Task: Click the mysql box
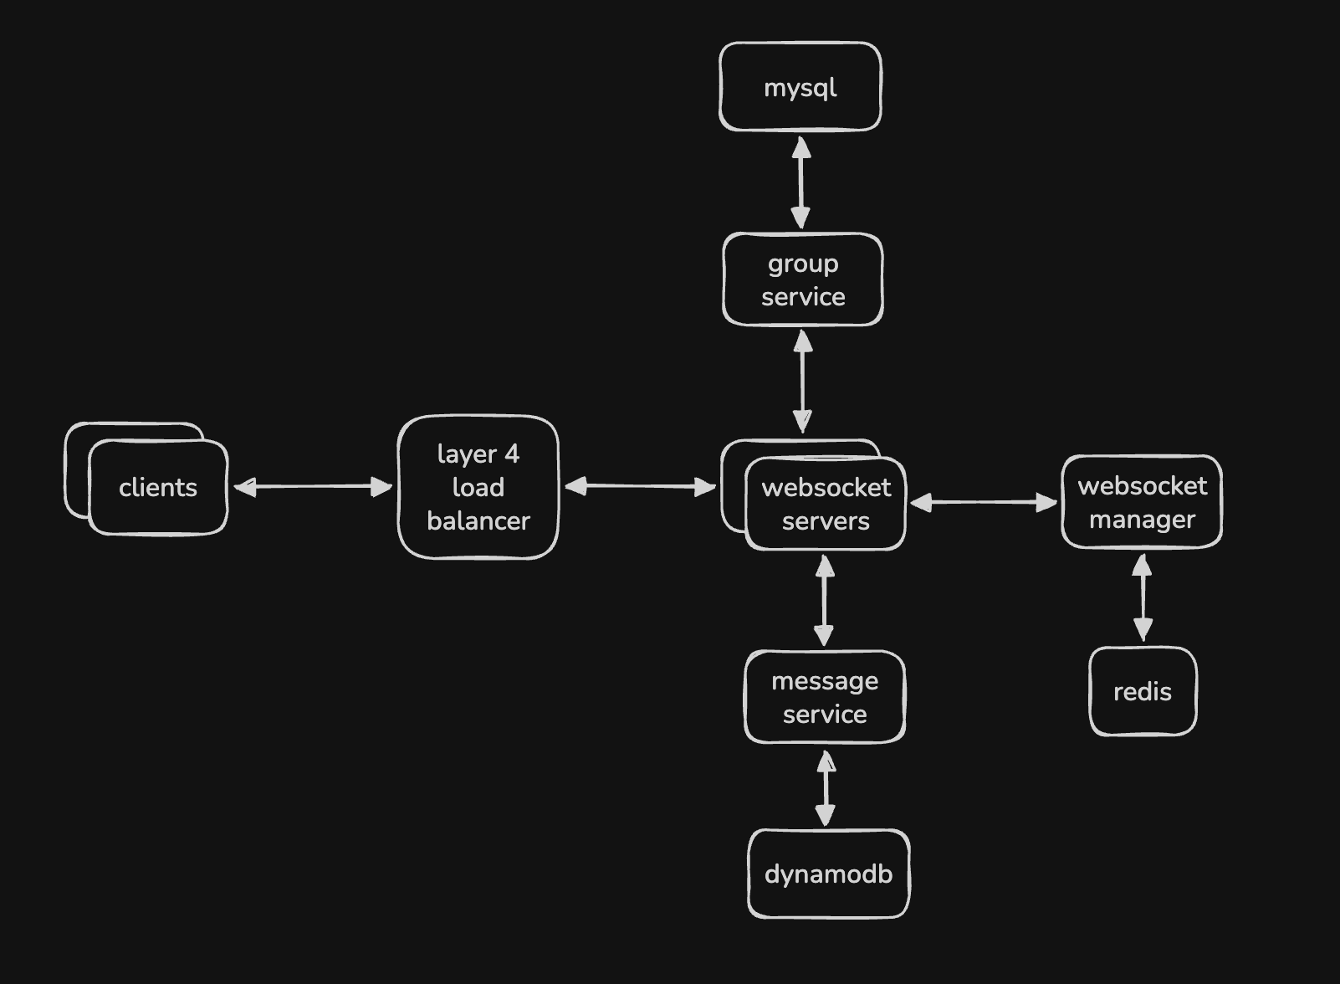tap(800, 86)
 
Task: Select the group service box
tap(803, 279)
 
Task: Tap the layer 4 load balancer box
tap(478, 487)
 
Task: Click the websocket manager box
tap(1142, 501)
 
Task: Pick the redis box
tap(1143, 691)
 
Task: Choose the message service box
tap(825, 697)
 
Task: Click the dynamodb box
tap(829, 874)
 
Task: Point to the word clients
tap(158, 488)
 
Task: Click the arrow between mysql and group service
tap(801, 182)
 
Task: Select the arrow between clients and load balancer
tap(313, 487)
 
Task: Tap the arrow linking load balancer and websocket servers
tap(640, 486)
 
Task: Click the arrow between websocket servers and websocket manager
tap(984, 502)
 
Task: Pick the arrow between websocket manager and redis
tap(1143, 597)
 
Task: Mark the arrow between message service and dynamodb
tap(826, 788)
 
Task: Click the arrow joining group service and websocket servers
tap(802, 382)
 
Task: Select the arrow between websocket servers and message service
tap(825, 600)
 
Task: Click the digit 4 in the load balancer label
tap(511, 454)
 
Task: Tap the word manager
tap(1142, 520)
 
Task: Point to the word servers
tap(826, 521)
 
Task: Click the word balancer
tap(478, 520)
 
